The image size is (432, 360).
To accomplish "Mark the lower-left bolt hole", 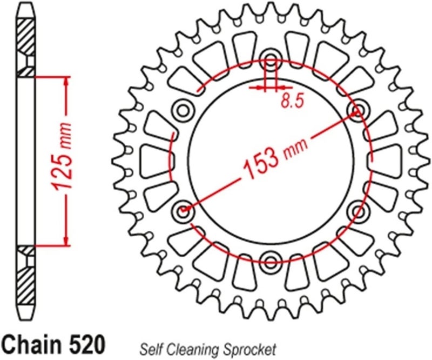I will pyautogui.click(x=184, y=209).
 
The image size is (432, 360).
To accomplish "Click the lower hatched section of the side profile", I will pyautogui.click(x=26, y=276).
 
